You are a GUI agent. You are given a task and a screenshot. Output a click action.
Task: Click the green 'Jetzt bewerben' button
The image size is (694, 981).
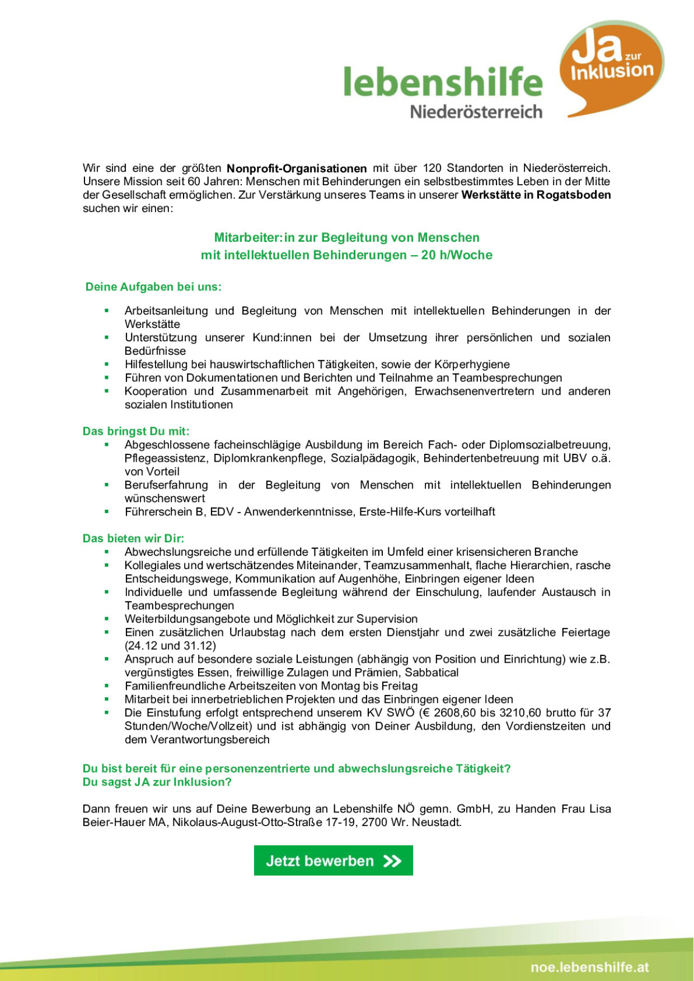[333, 861]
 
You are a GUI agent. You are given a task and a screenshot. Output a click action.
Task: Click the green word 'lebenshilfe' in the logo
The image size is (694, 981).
[443, 82]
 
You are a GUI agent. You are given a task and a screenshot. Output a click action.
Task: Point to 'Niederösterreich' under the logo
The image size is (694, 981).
[476, 112]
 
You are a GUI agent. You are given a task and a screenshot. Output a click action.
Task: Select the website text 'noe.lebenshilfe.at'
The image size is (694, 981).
[590, 967]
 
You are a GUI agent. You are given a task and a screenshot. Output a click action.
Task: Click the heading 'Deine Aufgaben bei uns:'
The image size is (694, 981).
[153, 287]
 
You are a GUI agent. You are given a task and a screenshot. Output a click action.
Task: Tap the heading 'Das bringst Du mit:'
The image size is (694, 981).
[136, 431]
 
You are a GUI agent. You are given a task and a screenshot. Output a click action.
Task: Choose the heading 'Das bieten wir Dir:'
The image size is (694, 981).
[133, 538]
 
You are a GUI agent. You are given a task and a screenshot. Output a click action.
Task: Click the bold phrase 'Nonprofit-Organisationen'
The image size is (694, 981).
[297, 168]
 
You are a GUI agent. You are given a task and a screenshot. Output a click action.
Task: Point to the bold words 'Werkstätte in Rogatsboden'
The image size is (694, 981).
[536, 195]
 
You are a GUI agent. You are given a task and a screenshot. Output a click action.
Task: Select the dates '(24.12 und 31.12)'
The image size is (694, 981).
[170, 646]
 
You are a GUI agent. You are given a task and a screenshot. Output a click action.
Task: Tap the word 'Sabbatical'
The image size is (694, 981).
[432, 673]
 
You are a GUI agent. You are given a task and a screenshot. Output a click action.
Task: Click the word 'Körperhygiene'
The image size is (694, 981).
[472, 364]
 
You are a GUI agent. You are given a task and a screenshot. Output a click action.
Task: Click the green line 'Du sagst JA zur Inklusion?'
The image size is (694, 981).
[157, 782]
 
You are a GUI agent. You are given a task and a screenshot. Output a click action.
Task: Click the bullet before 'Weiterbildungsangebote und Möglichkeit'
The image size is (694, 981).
[106, 619]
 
